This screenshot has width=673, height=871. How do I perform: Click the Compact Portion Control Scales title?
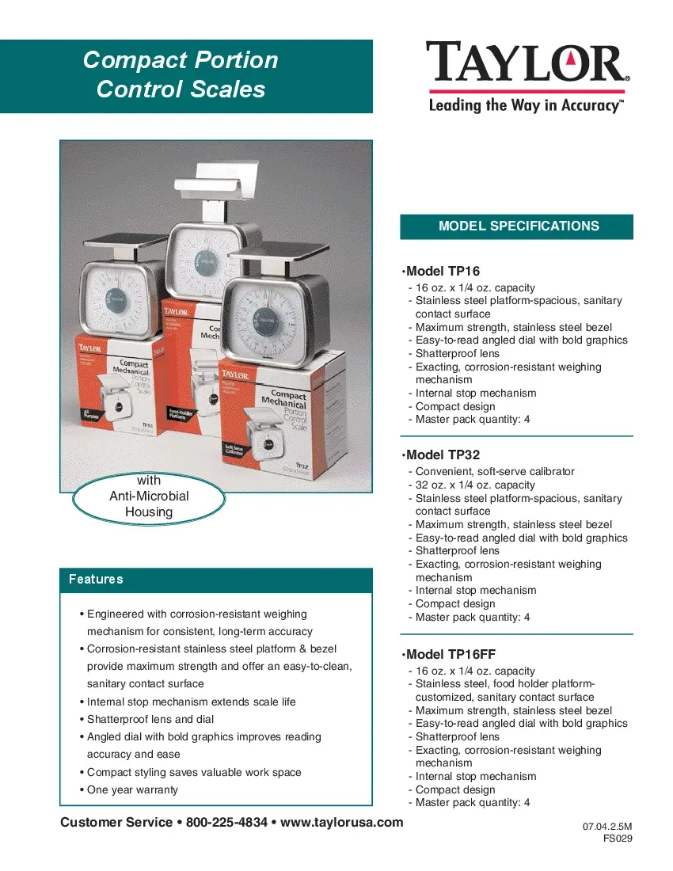click(181, 74)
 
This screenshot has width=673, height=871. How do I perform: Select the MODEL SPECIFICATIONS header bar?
click(518, 226)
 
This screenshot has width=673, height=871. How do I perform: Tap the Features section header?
click(97, 580)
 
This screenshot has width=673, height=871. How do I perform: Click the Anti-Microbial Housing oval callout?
click(149, 496)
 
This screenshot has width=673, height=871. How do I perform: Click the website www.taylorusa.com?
click(342, 822)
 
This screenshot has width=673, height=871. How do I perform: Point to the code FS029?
click(618, 839)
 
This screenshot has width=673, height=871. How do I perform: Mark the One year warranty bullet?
click(132, 789)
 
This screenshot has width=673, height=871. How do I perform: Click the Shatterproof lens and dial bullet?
click(150, 719)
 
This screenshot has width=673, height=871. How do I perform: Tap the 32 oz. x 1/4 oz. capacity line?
click(475, 485)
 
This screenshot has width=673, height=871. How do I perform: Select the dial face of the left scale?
click(116, 298)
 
